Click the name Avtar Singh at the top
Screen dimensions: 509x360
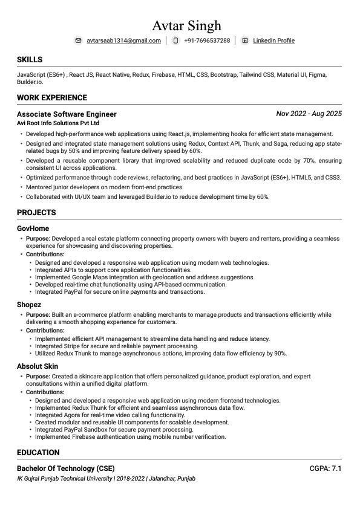point(186,25)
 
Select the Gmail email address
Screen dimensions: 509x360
point(123,41)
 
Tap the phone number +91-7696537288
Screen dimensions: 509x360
point(207,41)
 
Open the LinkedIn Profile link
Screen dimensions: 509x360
point(273,41)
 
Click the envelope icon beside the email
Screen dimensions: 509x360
point(78,41)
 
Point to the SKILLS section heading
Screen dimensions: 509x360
point(30,60)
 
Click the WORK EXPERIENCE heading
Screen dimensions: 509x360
point(52,97)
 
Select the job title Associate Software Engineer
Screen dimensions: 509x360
point(67,114)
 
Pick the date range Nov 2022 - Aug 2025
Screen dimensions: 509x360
point(309,114)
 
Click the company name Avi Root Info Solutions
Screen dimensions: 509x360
point(58,123)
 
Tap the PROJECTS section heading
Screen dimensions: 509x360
point(36,212)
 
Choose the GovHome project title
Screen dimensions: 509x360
point(33,229)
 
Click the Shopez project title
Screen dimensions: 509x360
point(29,305)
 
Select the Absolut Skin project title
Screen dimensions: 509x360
point(38,366)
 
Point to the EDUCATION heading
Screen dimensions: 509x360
point(38,452)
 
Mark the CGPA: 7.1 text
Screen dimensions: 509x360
point(326,468)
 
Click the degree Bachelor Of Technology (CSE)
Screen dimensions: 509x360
point(65,468)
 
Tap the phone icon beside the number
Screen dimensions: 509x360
point(175,41)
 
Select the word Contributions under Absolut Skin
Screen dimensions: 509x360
point(45,392)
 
